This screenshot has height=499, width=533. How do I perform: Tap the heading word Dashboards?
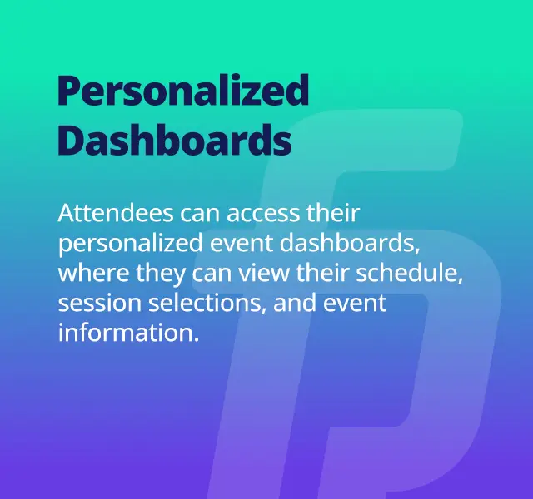pyautogui.click(x=175, y=140)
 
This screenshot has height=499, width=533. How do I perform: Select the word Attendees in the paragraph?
pyautogui.click(x=116, y=213)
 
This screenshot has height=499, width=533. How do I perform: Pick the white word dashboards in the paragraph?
pyautogui.click(x=350, y=243)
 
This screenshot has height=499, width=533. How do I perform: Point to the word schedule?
pyautogui.click(x=409, y=274)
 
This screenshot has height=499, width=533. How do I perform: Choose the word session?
pyautogui.click(x=100, y=303)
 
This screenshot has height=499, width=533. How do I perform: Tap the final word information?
pyautogui.click(x=128, y=333)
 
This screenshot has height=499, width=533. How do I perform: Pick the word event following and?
pyautogui.click(x=355, y=304)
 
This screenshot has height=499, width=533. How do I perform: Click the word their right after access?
pyautogui.click(x=333, y=213)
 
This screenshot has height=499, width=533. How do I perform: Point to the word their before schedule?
pyautogui.click(x=322, y=273)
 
